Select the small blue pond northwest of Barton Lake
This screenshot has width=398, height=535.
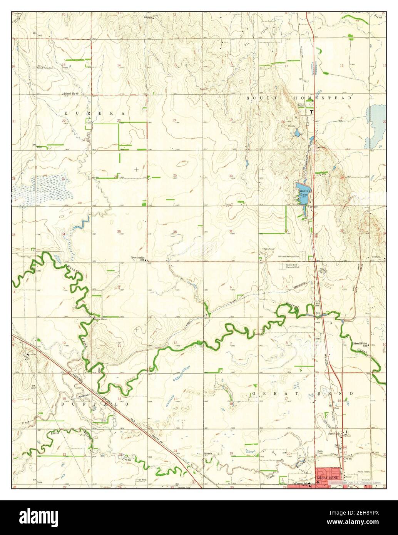pyautogui.click(x=297, y=134)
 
